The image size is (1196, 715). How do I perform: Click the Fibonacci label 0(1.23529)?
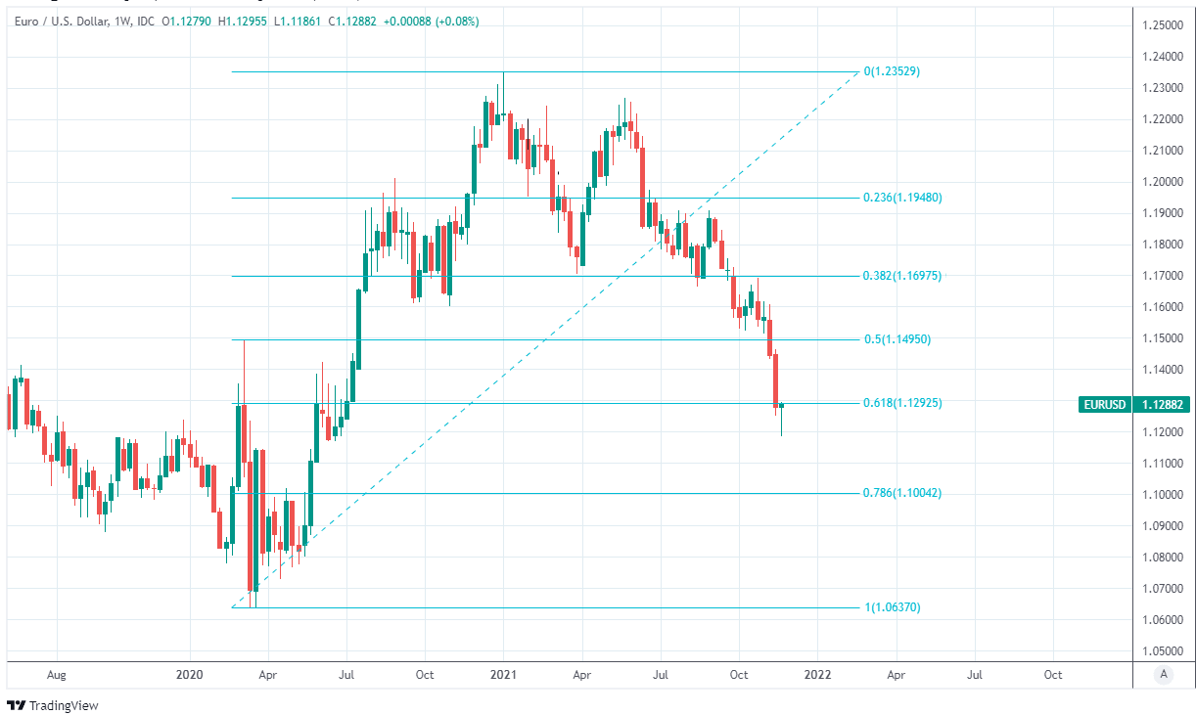pos(892,71)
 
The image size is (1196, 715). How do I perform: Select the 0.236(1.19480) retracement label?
pos(902,198)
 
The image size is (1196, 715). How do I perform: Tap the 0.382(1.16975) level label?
pos(902,276)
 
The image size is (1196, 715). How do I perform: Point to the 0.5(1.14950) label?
pos(897,339)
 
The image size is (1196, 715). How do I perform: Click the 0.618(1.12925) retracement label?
pos(902,403)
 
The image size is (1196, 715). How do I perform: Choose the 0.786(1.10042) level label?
pos(902,493)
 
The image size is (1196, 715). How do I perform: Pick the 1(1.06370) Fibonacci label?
pos(892,607)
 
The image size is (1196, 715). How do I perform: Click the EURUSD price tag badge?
pos(1103,404)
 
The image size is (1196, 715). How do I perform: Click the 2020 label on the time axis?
pos(189,675)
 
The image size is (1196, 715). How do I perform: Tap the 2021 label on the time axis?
pos(503,675)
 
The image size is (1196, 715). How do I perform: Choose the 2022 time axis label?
pos(817,675)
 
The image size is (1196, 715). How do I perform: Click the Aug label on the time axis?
pos(57,675)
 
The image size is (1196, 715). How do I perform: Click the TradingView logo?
pos(53,705)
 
